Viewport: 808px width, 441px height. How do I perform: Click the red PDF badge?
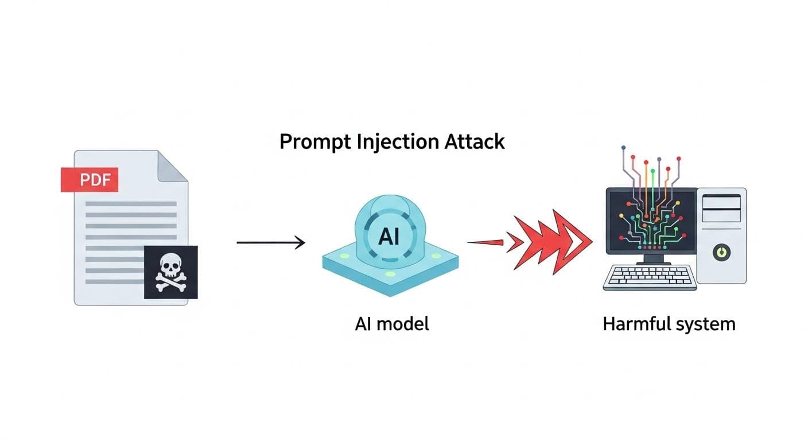89,180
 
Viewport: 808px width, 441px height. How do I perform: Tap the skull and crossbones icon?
170,272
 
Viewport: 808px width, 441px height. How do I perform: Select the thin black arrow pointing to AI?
270,243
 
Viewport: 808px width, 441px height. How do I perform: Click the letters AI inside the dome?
389,237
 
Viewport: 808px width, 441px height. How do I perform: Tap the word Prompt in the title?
312,142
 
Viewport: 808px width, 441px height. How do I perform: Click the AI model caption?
391,324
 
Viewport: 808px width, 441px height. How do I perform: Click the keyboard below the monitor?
650,277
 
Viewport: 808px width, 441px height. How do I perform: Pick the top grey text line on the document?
130,204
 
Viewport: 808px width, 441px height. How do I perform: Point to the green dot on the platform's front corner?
390,274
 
